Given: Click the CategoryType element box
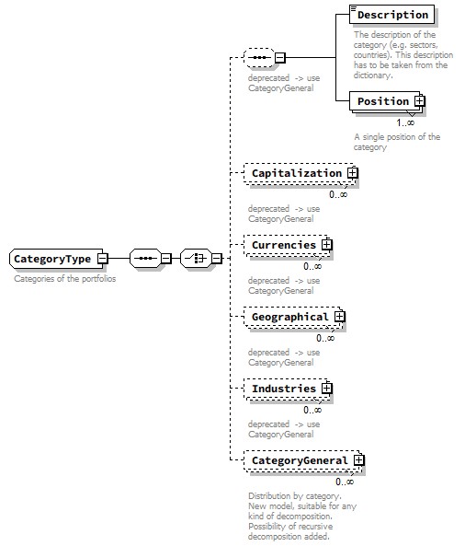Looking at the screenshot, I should point(52,259).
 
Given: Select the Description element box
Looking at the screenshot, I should point(391,15).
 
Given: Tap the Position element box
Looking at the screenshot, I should point(383,101).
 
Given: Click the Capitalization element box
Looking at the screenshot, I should point(296,173).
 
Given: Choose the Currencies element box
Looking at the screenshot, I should point(283,245).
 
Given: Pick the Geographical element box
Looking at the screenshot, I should point(289,317).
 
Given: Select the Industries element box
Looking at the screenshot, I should point(283,389).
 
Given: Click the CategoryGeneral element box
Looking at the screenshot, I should point(300,460).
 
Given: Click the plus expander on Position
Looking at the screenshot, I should point(419,101).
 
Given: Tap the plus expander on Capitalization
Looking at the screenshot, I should point(352,173).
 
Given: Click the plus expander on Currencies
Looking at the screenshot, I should point(326,245).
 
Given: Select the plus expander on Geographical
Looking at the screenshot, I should point(339,317).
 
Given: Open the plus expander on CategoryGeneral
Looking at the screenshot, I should point(359,460).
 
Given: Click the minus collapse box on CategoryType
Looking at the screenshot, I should point(103,259).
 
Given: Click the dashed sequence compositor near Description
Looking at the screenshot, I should point(260,58).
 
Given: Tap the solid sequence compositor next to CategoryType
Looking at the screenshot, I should point(145,259).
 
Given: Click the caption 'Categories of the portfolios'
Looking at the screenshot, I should point(64,279).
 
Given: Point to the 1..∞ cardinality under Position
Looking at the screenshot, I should point(404,122).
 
